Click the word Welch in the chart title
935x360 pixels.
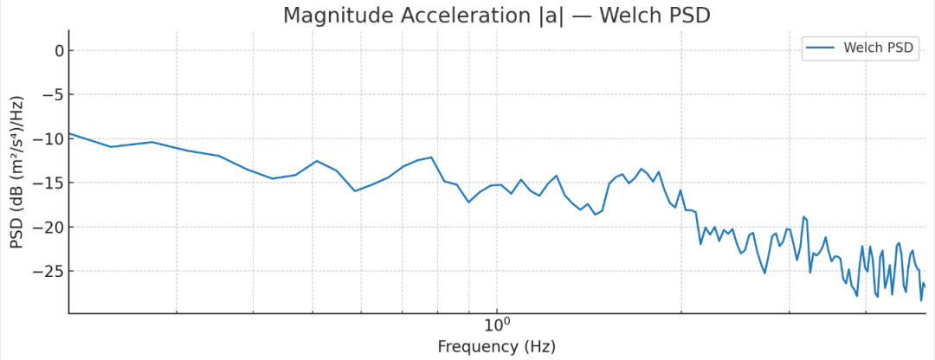point(634,16)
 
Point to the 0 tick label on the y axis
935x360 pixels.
point(58,50)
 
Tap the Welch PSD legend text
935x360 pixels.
point(878,48)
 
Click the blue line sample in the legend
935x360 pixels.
point(822,48)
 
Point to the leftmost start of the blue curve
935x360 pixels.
point(69,133)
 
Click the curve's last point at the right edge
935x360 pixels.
point(925,286)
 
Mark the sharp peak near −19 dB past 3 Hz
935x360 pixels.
point(803,216)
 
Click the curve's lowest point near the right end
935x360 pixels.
point(921,300)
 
